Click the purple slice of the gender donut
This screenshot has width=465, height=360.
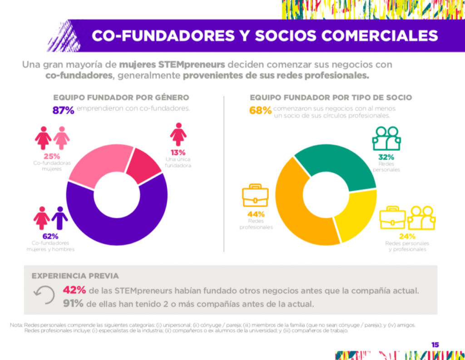[x=114, y=222]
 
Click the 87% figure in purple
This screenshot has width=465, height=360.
[x=64, y=110]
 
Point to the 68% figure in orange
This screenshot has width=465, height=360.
[x=260, y=110]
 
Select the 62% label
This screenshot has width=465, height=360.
[x=50, y=236]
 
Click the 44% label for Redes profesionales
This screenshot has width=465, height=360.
[x=256, y=214]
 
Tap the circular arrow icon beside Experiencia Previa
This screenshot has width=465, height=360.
[x=44, y=296]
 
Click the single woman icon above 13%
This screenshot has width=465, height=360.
[x=178, y=134]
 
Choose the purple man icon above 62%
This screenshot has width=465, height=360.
[x=59, y=218]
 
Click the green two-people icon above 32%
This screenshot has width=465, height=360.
[x=386, y=138]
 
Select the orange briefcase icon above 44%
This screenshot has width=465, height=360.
[x=255, y=196]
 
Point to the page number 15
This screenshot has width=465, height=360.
[x=435, y=345]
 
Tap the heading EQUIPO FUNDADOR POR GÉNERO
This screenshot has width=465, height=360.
[x=121, y=98]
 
